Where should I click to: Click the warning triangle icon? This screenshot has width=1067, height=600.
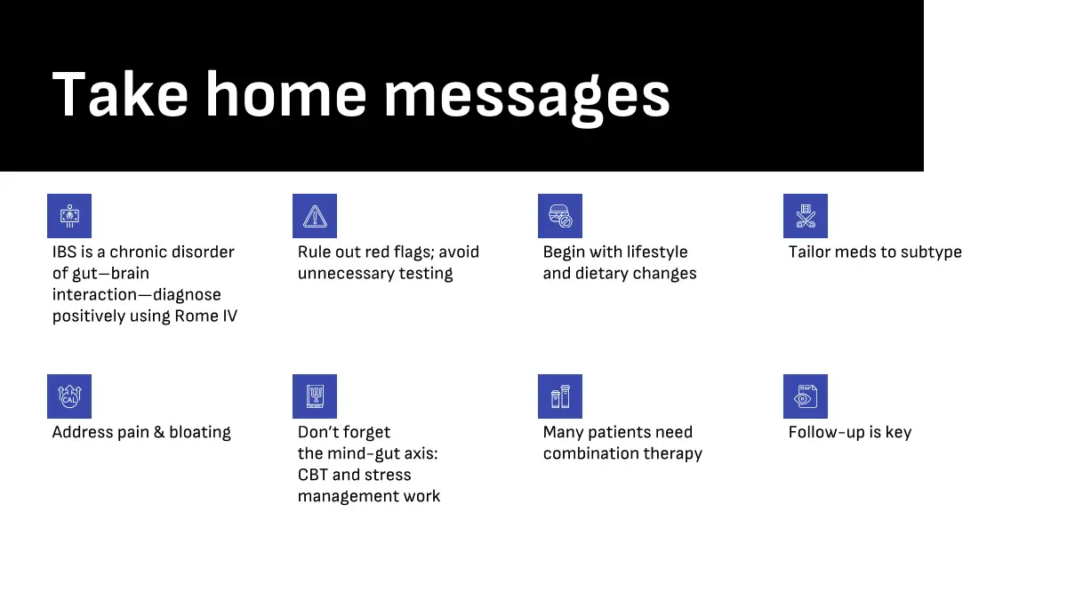[315, 216]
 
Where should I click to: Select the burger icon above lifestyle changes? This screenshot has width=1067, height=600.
[559, 216]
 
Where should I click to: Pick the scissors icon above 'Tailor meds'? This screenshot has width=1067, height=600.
[805, 216]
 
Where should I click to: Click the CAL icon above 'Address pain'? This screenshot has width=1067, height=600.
[69, 396]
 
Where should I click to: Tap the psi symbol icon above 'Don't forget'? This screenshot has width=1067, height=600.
[315, 396]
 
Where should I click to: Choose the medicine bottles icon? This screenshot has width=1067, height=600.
[559, 396]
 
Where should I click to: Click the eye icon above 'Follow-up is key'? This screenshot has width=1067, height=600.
[805, 396]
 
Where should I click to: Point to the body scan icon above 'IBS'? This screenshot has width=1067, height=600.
[69, 216]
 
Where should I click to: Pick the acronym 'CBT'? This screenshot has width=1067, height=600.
[312, 475]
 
